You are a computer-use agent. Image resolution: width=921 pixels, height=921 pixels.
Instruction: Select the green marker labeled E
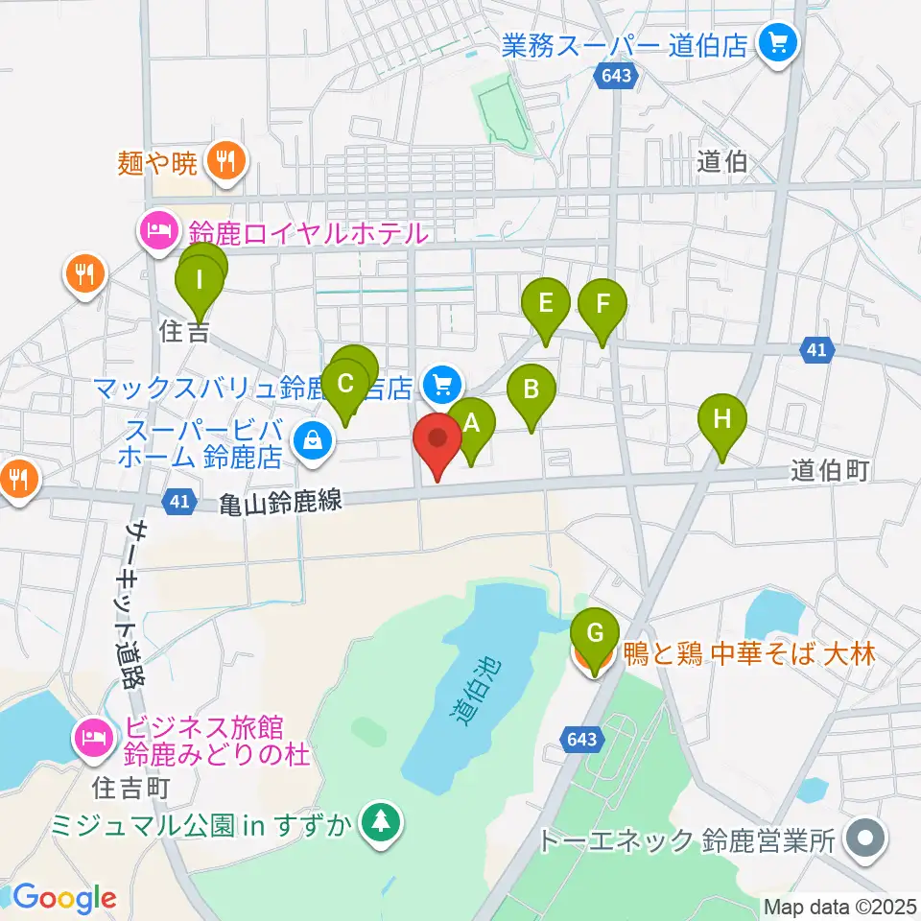tap(546, 305)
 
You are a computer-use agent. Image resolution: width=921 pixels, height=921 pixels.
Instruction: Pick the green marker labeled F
tap(602, 305)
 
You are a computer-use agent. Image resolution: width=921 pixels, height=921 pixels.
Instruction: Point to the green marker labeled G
tap(595, 633)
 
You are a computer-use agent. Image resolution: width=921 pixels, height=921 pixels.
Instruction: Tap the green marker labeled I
tap(200, 281)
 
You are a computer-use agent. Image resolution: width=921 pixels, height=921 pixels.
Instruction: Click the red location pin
tap(437, 441)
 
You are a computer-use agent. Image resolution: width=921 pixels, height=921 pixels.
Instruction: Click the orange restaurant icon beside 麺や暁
tap(225, 161)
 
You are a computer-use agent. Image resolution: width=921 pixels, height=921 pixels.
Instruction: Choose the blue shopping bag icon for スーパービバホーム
tap(313, 441)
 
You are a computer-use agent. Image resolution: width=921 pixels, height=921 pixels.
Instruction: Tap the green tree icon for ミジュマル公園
tap(382, 822)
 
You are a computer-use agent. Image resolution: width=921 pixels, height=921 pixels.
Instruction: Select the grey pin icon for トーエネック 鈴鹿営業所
tap(866, 840)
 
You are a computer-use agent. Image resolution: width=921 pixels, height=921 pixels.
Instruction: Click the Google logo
tap(64, 898)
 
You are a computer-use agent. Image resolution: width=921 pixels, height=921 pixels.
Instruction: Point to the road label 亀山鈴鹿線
tap(280, 501)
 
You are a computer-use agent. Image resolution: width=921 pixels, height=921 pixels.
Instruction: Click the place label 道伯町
tap(831, 470)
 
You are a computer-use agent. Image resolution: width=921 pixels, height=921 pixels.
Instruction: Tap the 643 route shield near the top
tap(615, 74)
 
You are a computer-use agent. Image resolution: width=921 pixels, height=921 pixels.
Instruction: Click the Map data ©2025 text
tap(840, 907)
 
